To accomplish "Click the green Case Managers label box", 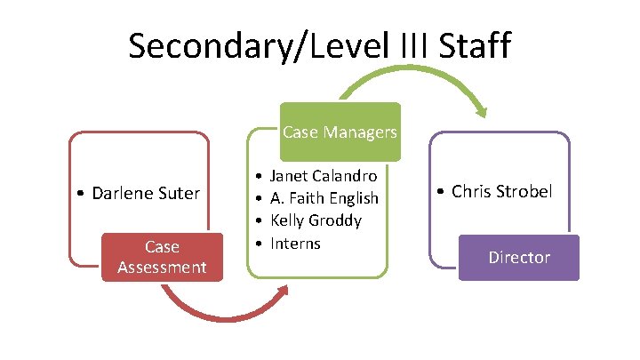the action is [340, 133].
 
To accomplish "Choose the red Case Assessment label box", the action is [161, 257].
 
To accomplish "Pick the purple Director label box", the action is [519, 258].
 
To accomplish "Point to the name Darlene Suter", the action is [144, 192].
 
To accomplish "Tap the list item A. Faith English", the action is [324, 197].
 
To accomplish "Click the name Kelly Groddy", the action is [316, 220].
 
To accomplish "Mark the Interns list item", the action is [295, 243].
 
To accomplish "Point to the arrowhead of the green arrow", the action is [481, 111].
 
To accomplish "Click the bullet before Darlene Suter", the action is [81, 193].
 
